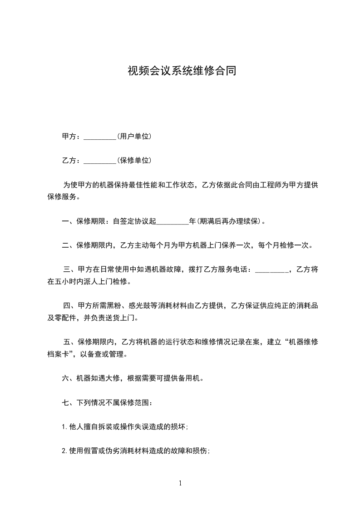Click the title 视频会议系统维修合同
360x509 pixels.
pyautogui.click(x=182, y=71)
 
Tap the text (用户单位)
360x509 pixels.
pyautogui.click(x=134, y=136)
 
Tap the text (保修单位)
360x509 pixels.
pyautogui.click(x=134, y=160)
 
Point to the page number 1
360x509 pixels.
pyautogui.click(x=180, y=483)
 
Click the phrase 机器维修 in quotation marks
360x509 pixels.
pyautogui.click(x=303, y=342)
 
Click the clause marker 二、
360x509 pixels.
pyautogui.click(x=69, y=245)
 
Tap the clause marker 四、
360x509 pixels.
pyautogui.click(x=70, y=306)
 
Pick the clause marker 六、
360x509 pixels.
pyautogui.click(x=69, y=378)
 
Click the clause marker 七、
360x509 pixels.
pyautogui.click(x=69, y=402)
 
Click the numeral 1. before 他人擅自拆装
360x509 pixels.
pyautogui.click(x=64, y=426)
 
